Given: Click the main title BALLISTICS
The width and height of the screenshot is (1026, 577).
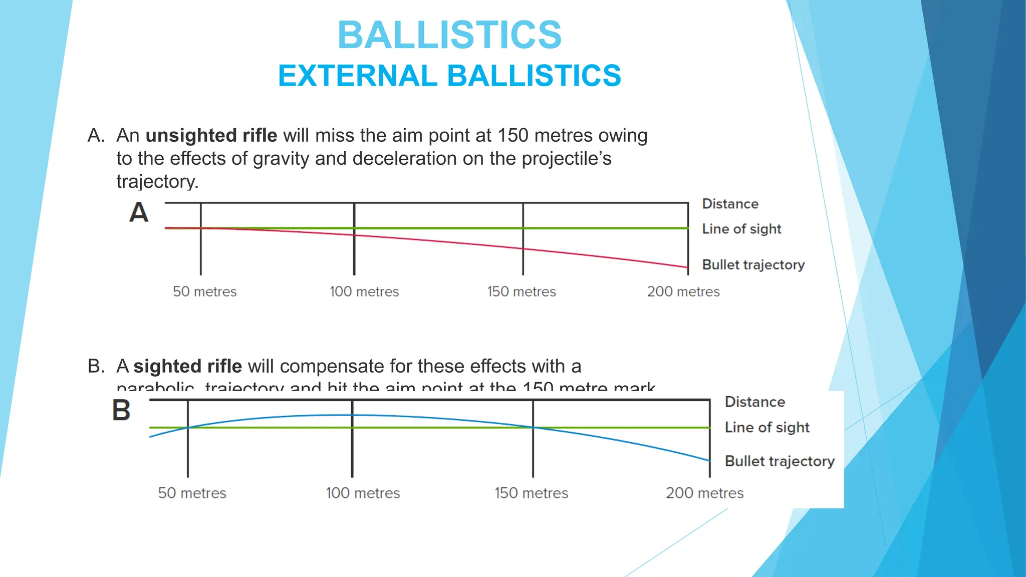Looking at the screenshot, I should pyautogui.click(x=449, y=35).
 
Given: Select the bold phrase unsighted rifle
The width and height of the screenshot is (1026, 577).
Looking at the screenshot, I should pyautogui.click(x=211, y=136).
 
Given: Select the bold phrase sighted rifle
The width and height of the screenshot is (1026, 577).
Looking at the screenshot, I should pyautogui.click(x=187, y=366).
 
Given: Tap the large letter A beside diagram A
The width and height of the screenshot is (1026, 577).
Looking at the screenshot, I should pyautogui.click(x=139, y=212).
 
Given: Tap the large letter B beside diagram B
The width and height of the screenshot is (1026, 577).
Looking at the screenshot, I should pyautogui.click(x=121, y=410).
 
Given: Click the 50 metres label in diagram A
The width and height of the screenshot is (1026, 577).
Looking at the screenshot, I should pyautogui.click(x=204, y=292).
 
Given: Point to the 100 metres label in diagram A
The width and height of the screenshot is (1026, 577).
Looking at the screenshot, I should pyautogui.click(x=364, y=292).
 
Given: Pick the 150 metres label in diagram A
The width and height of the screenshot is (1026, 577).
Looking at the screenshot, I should pyautogui.click(x=522, y=292).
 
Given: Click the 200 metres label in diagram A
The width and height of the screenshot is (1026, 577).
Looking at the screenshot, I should pyautogui.click(x=683, y=292).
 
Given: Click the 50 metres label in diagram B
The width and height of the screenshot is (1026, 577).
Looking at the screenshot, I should pyautogui.click(x=192, y=493).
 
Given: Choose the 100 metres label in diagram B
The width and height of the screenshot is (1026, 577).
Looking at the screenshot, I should pyautogui.click(x=363, y=493).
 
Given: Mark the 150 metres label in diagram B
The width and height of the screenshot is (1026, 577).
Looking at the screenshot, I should pyautogui.click(x=531, y=493).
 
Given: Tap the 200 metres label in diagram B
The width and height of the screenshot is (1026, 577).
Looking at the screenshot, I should pyautogui.click(x=704, y=493).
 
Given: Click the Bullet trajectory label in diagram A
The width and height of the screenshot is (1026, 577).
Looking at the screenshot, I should pyautogui.click(x=753, y=264).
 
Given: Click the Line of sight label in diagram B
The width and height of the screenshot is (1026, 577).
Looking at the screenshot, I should pyautogui.click(x=767, y=427).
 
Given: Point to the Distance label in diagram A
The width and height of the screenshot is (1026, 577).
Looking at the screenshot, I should pyautogui.click(x=730, y=204).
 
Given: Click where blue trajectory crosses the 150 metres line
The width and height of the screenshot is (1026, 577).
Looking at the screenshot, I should pyautogui.click(x=533, y=427).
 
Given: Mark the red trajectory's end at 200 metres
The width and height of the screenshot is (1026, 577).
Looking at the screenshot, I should pyautogui.click(x=688, y=267).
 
